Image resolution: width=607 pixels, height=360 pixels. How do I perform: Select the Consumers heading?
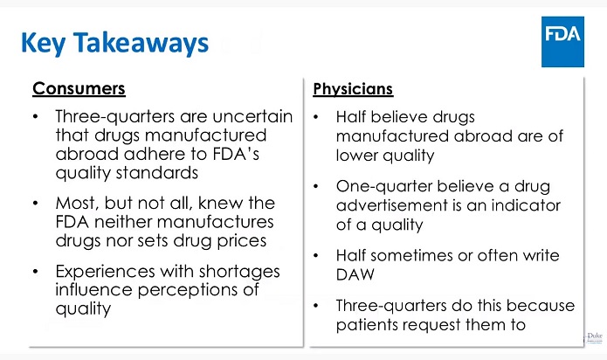(79, 89)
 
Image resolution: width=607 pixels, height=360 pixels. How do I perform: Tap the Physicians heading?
(352, 89)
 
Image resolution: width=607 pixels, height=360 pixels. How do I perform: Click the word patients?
(371, 324)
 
